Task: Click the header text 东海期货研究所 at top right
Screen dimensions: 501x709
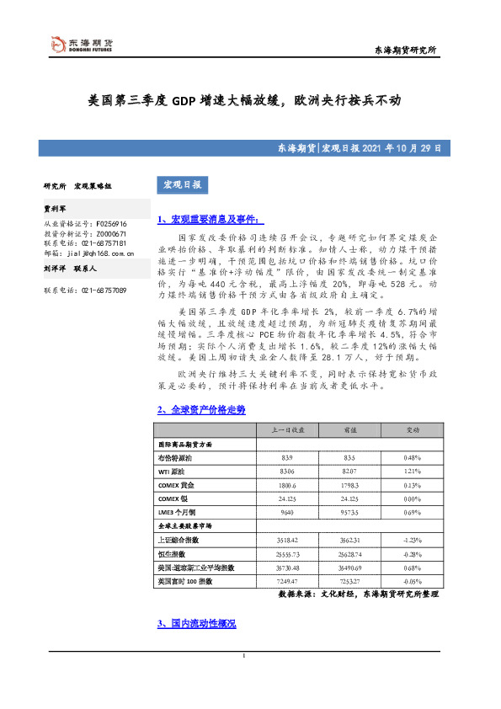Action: click(405, 51)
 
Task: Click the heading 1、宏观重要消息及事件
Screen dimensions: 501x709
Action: click(200, 220)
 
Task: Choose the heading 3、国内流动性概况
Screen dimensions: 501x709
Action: click(196, 624)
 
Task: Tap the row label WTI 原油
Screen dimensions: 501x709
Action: click(174, 471)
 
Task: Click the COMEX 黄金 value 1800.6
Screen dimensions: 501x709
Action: click(286, 485)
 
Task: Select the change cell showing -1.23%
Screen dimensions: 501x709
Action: click(412, 541)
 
